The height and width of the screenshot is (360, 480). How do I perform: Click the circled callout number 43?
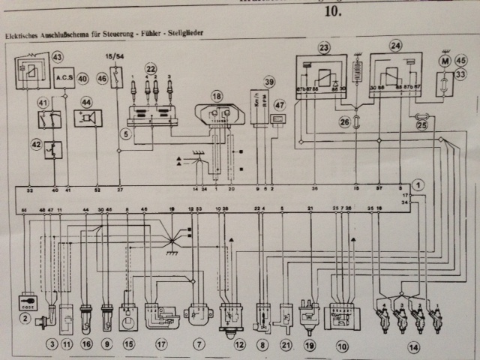click(57, 56)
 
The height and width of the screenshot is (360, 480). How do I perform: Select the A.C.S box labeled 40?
click(65, 77)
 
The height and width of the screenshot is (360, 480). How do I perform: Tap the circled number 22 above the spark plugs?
click(151, 67)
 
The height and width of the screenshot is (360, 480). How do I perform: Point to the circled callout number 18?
click(217, 96)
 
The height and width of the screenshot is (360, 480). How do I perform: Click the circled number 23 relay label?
click(324, 48)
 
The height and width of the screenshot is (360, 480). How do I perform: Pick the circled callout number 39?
click(269, 82)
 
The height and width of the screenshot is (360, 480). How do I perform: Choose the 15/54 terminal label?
click(116, 55)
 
